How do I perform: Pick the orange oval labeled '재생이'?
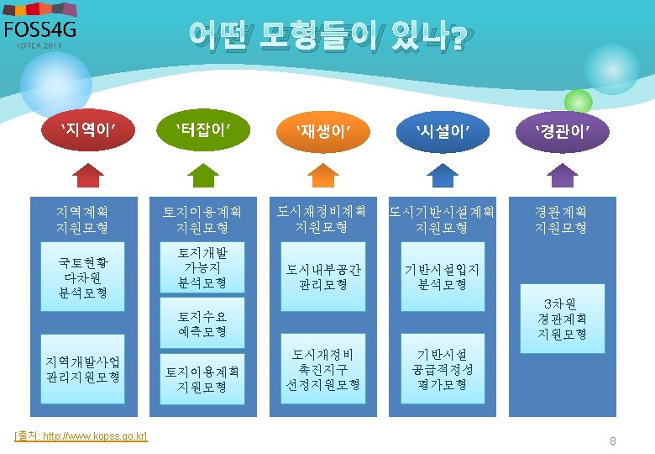pyautogui.click(x=322, y=129)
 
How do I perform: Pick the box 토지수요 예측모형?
pyautogui.click(x=202, y=324)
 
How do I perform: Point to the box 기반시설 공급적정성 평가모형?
pyautogui.click(x=442, y=370)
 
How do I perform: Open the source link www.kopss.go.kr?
pyautogui.click(x=81, y=436)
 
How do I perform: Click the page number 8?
pyautogui.click(x=613, y=441)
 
